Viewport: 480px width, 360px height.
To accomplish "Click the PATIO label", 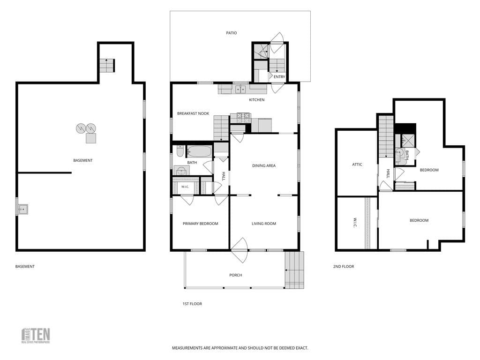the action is point(232,33).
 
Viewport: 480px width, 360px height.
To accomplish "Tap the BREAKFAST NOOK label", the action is point(193,113).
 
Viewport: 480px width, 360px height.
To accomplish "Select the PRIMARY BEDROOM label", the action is point(201,224).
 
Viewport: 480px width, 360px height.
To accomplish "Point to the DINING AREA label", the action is point(264,165).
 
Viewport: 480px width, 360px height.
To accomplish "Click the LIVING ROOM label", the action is point(264,224).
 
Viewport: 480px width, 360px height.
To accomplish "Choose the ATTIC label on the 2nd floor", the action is point(357,165).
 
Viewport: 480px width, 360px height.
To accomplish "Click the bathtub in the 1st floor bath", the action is point(199,151).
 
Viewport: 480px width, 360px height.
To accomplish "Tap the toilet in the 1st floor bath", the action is point(180,151).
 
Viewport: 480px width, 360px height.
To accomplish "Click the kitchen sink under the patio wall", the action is point(240,90).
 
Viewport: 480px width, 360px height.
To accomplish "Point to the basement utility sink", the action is point(23,210).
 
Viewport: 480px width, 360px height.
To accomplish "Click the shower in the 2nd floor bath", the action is point(408,140).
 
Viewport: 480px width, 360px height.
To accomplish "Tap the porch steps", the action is point(294,270).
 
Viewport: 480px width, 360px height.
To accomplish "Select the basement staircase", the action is point(107,65).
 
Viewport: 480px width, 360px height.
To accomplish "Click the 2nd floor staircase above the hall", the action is point(386,136).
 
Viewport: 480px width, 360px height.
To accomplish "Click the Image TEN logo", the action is point(36,336).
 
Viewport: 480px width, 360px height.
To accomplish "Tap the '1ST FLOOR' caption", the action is point(192,304).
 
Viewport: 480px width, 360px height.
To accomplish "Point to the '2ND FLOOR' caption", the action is point(344,267).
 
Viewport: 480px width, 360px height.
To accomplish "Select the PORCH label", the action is point(236,275).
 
